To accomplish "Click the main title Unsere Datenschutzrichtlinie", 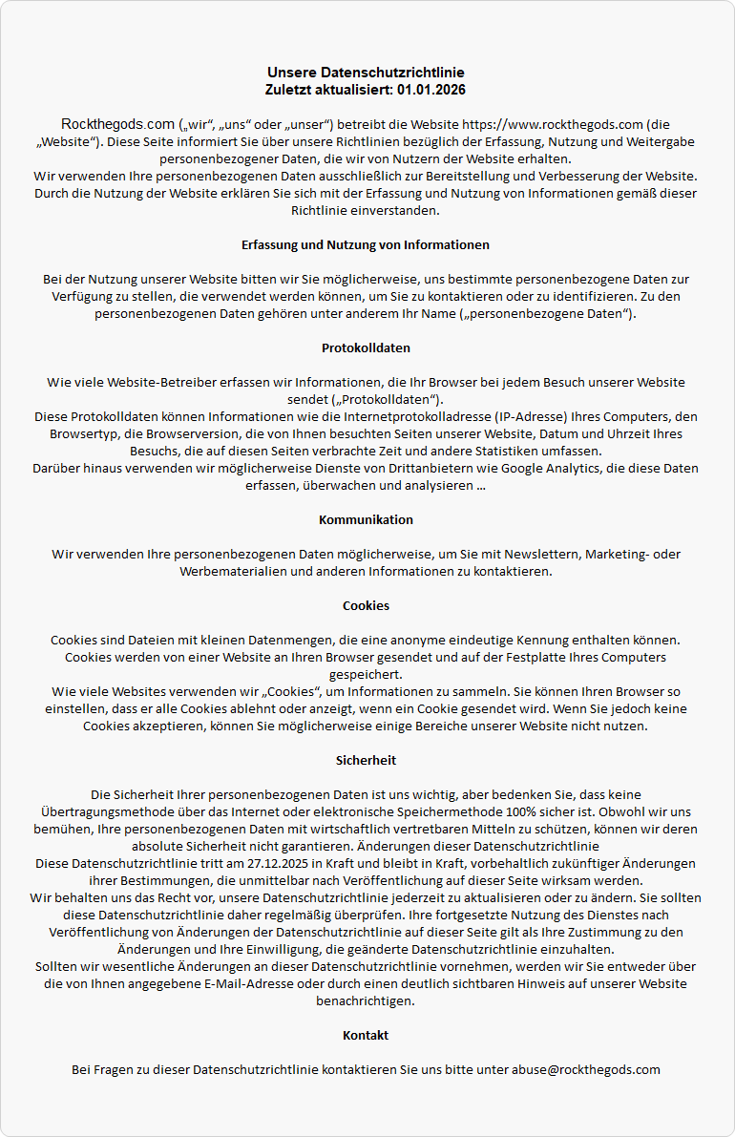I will click(366, 73).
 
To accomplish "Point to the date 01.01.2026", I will click(430, 90).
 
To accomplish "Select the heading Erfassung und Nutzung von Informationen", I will click(366, 244).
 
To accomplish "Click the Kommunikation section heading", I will click(366, 519).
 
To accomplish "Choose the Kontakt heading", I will click(366, 1035).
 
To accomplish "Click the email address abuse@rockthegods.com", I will click(585, 1069).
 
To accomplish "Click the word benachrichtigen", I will click(366, 1000).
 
